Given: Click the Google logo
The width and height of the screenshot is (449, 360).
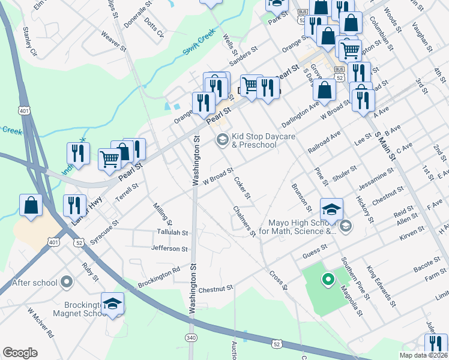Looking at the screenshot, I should tap(20, 353).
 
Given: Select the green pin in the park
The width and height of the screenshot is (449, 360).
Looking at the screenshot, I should tap(328, 279).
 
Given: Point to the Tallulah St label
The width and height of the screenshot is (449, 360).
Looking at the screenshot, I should tap(172, 232).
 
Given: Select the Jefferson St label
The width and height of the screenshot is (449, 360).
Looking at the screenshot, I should tap(170, 248).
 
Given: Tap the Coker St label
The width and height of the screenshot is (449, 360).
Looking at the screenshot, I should tap(243, 188).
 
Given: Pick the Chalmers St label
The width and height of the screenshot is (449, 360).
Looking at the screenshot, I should tap(244, 220).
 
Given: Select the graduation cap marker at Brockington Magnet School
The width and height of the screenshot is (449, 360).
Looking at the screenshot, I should tap(112, 303).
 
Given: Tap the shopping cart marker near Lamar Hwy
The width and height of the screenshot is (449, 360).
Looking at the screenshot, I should tap(109, 159).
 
